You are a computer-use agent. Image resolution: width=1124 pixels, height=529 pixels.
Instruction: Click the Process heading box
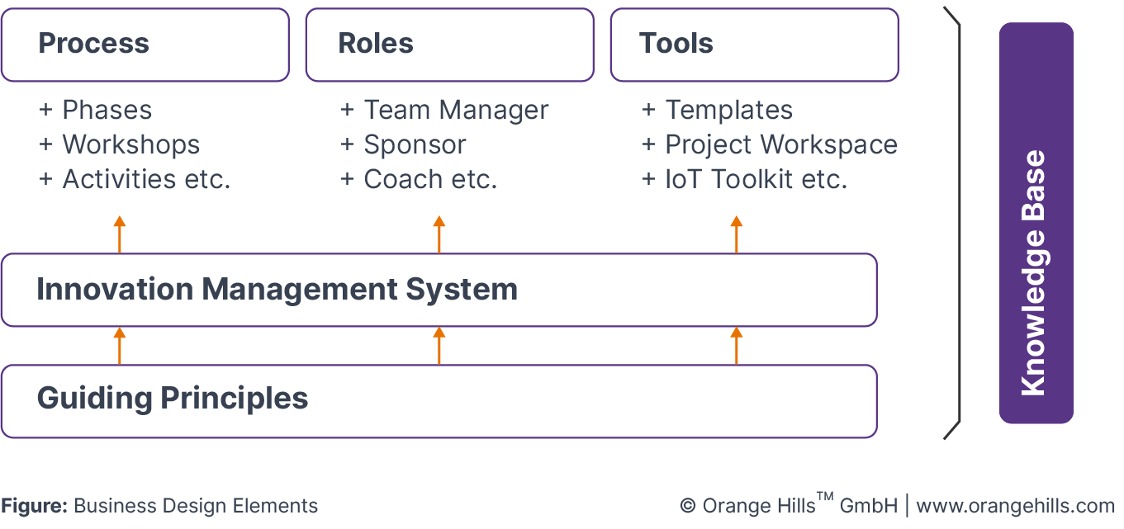click(x=145, y=45)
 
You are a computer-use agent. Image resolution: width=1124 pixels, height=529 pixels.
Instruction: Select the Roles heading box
click(x=448, y=45)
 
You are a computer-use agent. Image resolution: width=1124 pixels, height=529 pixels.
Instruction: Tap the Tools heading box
click(x=753, y=45)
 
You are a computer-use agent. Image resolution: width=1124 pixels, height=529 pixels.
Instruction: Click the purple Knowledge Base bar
click(x=1036, y=223)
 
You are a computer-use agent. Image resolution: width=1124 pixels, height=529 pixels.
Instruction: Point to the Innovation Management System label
click(x=277, y=290)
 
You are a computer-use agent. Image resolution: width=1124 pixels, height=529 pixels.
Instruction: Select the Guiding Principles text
click(x=173, y=399)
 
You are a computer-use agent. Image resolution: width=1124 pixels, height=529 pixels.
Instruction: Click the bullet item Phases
click(x=107, y=110)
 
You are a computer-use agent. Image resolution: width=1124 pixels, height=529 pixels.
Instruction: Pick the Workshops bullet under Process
click(x=130, y=144)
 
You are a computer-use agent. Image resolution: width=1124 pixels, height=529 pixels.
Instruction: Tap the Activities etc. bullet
click(x=146, y=179)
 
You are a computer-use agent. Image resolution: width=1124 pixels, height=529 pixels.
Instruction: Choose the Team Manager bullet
click(x=456, y=110)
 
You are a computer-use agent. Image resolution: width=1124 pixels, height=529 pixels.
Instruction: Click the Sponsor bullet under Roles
click(x=415, y=144)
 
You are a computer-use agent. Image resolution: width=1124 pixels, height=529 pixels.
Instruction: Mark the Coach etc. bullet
click(x=430, y=179)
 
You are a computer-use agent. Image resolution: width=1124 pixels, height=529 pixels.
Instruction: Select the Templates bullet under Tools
click(x=728, y=110)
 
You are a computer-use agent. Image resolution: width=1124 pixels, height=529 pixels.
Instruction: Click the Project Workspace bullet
click(x=780, y=144)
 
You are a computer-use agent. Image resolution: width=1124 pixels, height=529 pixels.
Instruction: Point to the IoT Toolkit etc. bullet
click(x=756, y=179)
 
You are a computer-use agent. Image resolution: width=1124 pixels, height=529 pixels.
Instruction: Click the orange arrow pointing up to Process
click(x=120, y=234)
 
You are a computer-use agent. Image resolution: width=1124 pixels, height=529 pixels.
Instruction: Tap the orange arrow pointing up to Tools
click(x=737, y=234)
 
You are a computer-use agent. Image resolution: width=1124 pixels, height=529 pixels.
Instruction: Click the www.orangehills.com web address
click(x=1015, y=506)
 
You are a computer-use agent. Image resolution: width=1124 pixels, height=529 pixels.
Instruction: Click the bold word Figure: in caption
click(x=34, y=506)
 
